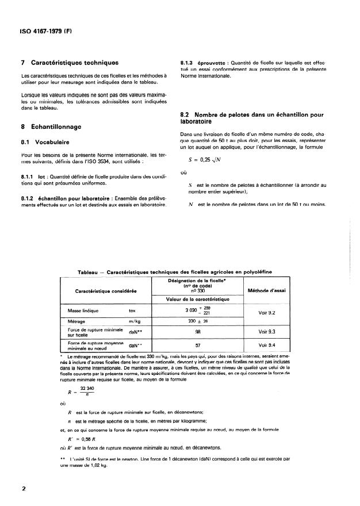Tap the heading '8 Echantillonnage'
pyautogui.click(x=51, y=125)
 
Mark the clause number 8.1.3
pyautogui.click(x=190, y=62)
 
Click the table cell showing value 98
pyautogui.click(x=197, y=332)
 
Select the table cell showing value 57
pyautogui.click(x=197, y=346)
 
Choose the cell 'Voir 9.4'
pyautogui.click(x=268, y=346)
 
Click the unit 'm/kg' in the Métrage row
pyautogui.click(x=135, y=321)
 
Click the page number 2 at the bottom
pyautogui.click(x=23, y=489)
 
